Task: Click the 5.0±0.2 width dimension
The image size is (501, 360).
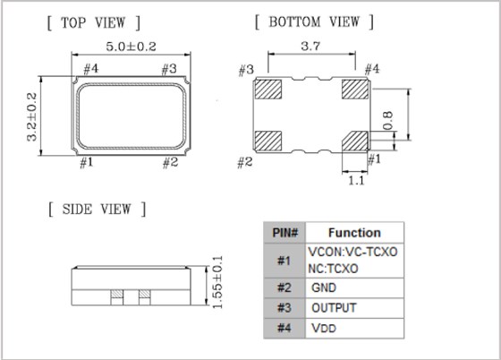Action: pyautogui.click(x=131, y=47)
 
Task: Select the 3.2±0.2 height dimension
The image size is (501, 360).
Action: pyautogui.click(x=32, y=116)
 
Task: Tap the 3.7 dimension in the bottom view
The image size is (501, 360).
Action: pyautogui.click(x=310, y=46)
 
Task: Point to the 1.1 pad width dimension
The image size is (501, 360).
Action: pyautogui.click(x=356, y=181)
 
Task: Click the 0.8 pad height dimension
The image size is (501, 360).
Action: pyautogui.click(x=387, y=121)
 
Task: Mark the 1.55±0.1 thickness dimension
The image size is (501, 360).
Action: pyautogui.click(x=217, y=282)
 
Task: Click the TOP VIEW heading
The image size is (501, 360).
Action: pyautogui.click(x=93, y=22)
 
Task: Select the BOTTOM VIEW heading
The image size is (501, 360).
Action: pyautogui.click(x=314, y=22)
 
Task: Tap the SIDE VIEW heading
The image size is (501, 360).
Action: pyautogui.click(x=97, y=210)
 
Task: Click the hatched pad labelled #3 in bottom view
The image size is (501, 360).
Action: pyautogui.click(x=268, y=90)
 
